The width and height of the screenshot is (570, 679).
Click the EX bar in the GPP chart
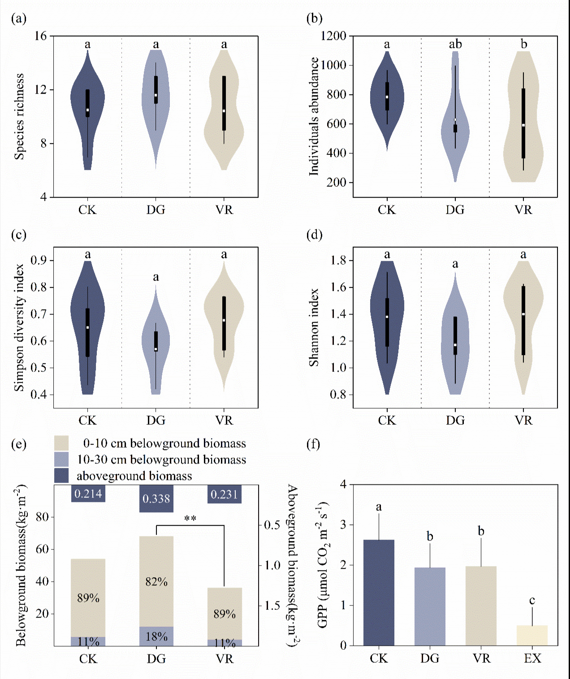point(532,635)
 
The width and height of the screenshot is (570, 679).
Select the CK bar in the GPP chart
point(379,593)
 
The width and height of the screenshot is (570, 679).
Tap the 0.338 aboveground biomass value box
point(156,498)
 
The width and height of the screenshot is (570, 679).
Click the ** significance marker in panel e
point(190,519)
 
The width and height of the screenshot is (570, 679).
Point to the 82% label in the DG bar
point(156,582)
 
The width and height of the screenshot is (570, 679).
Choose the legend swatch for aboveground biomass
point(61,476)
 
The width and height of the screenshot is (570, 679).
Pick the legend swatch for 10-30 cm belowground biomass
point(61,459)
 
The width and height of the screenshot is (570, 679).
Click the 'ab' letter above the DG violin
point(455,44)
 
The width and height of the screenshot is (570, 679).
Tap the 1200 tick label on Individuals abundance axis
point(334,36)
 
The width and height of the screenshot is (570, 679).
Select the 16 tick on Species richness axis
point(41,36)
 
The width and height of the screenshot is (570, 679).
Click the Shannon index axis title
point(314,327)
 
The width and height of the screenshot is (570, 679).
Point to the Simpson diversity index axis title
point(19,327)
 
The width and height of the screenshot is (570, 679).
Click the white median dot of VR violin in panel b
point(523,125)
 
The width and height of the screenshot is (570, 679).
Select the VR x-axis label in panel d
point(523,420)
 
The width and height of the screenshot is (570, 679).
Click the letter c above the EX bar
point(532,600)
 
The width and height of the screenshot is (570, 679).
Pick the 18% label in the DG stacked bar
point(156,636)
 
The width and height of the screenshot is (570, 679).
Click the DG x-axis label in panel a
point(156,210)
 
